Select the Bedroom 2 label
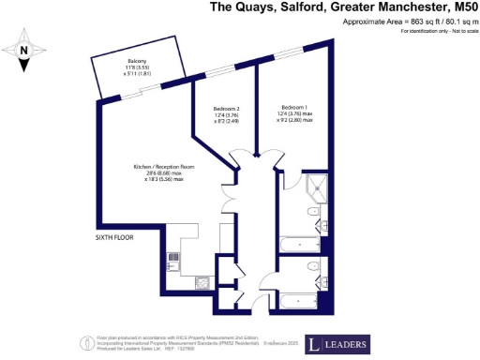[x=228, y=109]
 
